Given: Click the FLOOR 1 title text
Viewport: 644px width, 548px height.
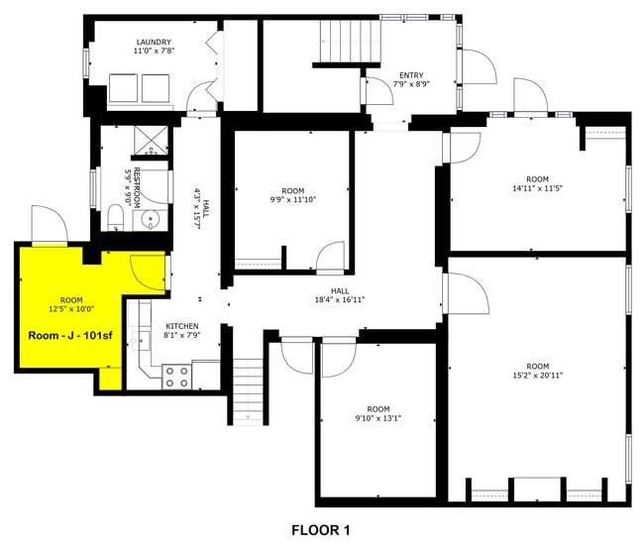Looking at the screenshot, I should [x=320, y=530].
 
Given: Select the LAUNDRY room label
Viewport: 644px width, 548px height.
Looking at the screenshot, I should [x=154, y=43].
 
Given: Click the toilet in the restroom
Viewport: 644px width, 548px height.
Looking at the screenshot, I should [x=114, y=217].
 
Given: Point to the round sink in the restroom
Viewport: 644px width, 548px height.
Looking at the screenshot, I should [x=151, y=219].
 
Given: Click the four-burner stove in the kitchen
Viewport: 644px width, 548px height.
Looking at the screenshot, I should [x=177, y=377].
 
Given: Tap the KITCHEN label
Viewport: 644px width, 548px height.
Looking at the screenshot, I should [x=181, y=326].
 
